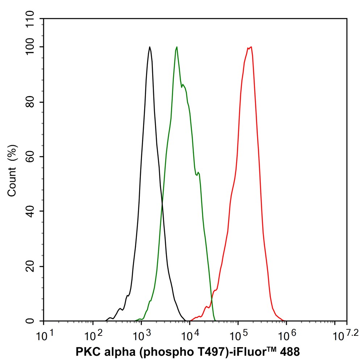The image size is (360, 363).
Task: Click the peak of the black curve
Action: (150, 47)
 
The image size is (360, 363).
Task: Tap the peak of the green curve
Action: (176, 47)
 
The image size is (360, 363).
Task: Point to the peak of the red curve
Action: (251, 47)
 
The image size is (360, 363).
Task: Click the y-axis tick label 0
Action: (35, 321)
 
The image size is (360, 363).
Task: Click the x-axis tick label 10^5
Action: (238, 335)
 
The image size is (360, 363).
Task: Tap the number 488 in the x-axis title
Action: (290, 352)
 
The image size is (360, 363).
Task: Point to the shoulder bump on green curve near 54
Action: (198, 173)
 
